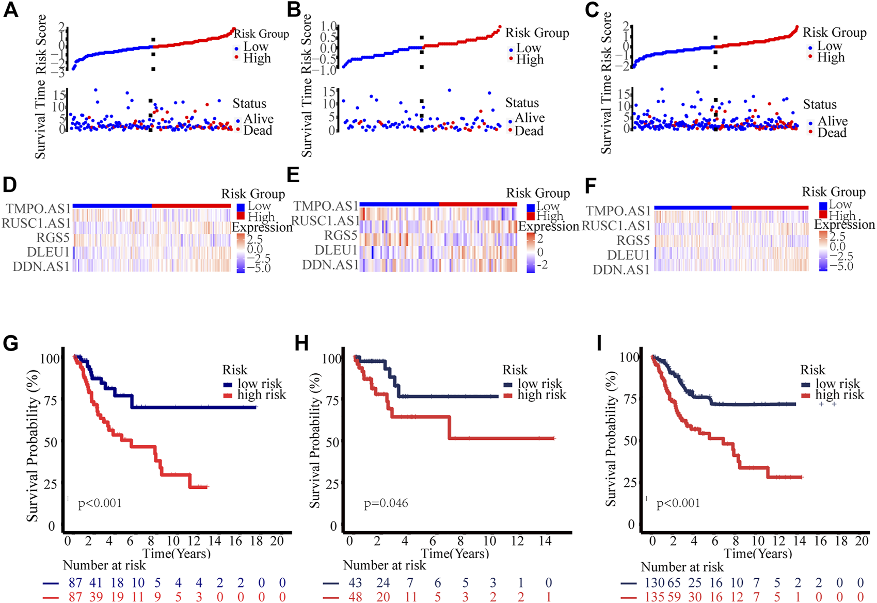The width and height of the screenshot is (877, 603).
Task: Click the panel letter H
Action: point(301,343)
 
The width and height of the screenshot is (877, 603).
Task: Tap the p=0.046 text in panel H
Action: point(386,503)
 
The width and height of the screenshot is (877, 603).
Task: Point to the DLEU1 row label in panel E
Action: point(336,250)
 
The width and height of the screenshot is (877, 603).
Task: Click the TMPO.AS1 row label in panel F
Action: point(618,211)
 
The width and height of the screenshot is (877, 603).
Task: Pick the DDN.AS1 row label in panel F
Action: point(621,270)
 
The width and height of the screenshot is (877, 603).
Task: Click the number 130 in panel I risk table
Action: point(655,583)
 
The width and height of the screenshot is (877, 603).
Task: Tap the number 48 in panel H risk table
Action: point(355,597)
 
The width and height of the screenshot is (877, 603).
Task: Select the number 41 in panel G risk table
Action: point(96,583)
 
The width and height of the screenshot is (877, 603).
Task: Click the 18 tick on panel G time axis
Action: point(257,541)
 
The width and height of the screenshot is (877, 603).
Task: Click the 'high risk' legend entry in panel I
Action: point(839,395)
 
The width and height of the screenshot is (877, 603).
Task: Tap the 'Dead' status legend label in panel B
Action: point(529,131)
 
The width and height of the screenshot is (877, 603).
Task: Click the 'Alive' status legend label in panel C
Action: point(833,121)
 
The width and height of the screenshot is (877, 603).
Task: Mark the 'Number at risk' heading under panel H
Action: point(385,566)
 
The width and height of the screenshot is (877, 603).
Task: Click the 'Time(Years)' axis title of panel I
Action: point(758,554)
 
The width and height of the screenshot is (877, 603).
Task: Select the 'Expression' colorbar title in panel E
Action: point(549,227)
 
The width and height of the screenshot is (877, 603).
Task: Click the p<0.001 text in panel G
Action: point(100,503)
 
